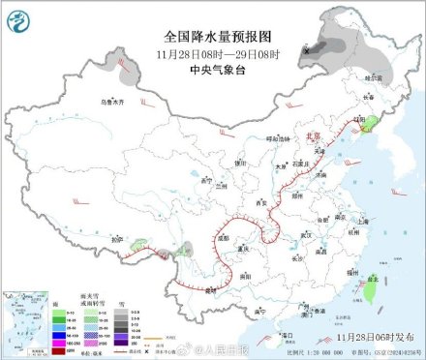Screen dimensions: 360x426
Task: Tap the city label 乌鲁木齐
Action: tap(112, 102)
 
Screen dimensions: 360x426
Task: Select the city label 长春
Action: tap(368, 97)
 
